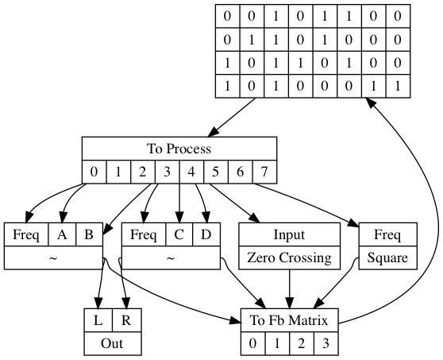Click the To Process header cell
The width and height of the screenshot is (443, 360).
179,149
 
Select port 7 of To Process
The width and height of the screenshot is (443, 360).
264,172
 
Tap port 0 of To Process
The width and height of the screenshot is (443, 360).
94,172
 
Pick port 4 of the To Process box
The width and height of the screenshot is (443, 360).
191,172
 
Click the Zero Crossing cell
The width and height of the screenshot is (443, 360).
289,257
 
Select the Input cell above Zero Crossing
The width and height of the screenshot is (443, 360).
289,234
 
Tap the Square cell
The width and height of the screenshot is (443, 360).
387,257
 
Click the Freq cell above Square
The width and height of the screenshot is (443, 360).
387,234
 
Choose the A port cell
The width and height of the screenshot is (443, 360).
62,234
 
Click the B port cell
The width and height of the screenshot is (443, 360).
89,234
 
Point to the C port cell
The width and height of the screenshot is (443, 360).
179,234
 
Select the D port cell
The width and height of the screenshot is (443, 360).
206,234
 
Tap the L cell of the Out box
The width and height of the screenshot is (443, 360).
98,320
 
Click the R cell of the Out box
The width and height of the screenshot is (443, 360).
126,320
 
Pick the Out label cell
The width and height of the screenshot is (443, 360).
113,343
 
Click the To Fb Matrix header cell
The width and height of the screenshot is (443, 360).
289,320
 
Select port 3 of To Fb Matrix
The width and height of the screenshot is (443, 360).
326,343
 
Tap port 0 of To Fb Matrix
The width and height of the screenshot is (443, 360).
253,343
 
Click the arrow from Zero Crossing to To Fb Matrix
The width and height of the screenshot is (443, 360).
289,288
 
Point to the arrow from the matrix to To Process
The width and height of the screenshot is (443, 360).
232,118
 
